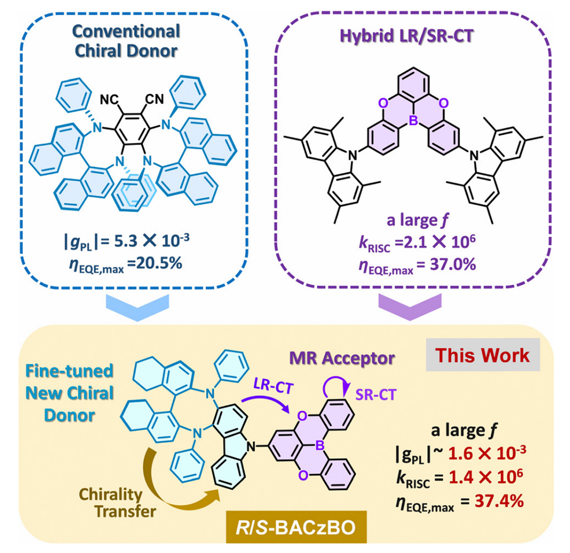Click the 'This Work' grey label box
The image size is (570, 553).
pos(483,355)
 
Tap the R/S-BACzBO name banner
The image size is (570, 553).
pos(296,527)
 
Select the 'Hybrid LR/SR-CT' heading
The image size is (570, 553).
pos(406,36)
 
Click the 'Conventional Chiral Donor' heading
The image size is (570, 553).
pos(126,40)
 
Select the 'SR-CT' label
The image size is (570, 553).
pos(376,395)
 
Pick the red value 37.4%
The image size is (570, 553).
pos(499,501)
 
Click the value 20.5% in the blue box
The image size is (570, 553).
pos(158,263)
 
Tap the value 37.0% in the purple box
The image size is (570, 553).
pos(453,265)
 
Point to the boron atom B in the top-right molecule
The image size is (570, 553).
pos(413,120)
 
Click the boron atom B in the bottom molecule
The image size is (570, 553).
pos(319,445)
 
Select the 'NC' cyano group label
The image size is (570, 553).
pos(109,99)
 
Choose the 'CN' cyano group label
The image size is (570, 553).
pos(154,99)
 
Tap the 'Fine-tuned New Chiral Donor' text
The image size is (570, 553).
pos(69,393)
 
